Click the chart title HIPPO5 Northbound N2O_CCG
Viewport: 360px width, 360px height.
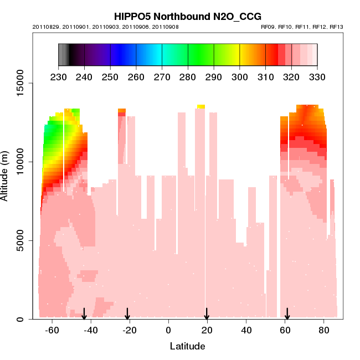[x=188, y=17]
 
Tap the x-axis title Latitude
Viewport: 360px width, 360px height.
[x=187, y=346]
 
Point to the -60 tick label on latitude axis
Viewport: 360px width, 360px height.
[x=52, y=330]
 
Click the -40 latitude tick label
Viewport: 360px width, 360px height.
[x=91, y=330]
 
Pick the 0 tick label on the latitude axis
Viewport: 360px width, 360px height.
[x=168, y=330]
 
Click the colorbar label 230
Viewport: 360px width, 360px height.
[x=58, y=76]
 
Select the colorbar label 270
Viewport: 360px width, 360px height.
[x=162, y=76]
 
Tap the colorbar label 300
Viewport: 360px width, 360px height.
[x=240, y=76]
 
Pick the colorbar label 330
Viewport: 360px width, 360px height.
[x=317, y=76]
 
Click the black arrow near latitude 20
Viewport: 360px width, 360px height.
[x=207, y=314]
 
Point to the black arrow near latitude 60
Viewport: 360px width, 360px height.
[x=287, y=314]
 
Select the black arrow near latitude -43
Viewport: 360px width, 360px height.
[x=84, y=314]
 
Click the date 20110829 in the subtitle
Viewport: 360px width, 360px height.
[x=44, y=27]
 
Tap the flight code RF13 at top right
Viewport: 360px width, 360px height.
[x=337, y=27]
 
